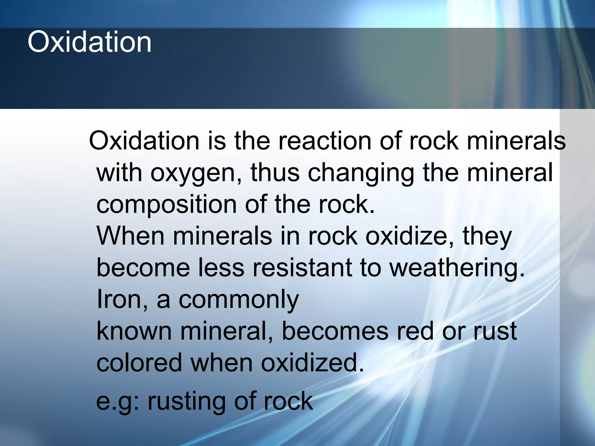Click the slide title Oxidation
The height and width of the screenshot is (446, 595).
89,42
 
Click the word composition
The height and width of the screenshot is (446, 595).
166,205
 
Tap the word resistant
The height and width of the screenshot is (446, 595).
302,268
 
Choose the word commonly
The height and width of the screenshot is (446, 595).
239,300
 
